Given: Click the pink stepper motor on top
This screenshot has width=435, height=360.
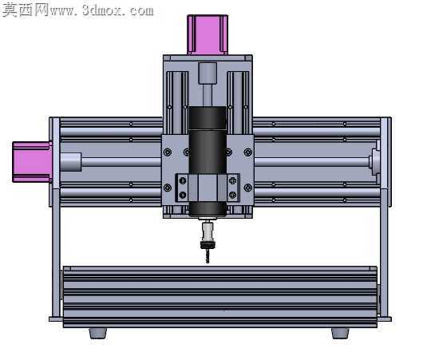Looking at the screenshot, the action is point(208,34).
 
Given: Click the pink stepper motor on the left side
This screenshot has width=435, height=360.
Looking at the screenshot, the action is point(33,162).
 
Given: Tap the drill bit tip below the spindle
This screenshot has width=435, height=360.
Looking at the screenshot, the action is point(208,262).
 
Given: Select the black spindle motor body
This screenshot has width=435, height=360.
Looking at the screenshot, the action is point(208,161).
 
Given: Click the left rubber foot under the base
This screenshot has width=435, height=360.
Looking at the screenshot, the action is point(98,333).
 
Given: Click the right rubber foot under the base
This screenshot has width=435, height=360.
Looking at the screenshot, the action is point(340,333).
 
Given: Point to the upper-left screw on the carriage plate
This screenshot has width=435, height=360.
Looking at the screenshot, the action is point(168,152).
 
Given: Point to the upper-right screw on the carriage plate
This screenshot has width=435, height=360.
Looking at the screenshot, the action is point(247,152).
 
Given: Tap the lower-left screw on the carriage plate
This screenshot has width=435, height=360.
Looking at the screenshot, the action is point(168,188).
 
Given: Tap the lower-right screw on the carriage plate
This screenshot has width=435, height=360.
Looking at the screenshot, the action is point(247,188).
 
